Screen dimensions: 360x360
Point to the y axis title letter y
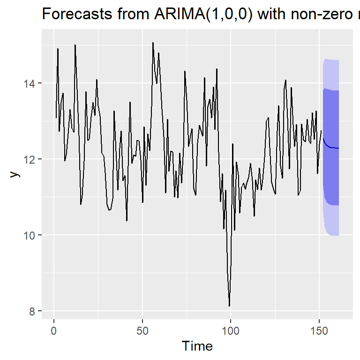tap(15, 174)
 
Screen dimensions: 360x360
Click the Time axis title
tap(197, 346)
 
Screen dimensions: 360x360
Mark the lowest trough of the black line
tap(229, 306)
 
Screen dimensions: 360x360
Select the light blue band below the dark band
tap(331, 220)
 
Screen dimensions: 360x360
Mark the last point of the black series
tap(321, 131)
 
